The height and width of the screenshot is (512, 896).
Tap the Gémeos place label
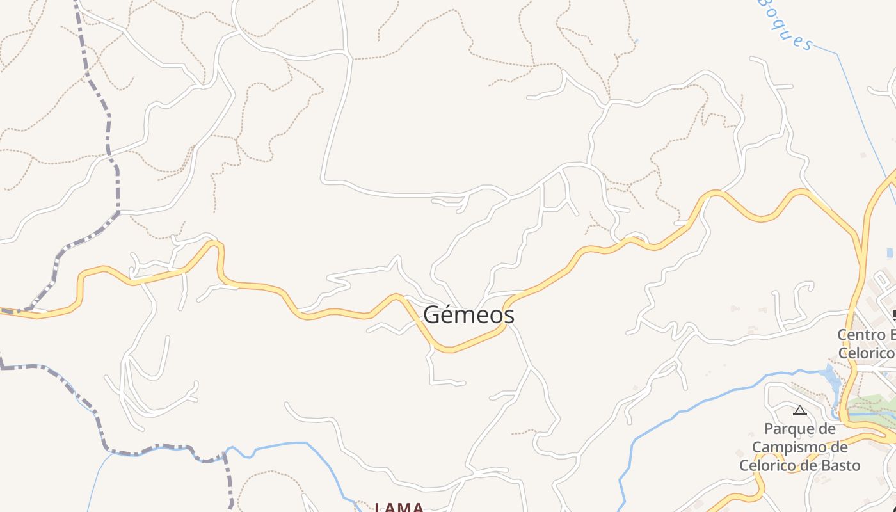(468, 315)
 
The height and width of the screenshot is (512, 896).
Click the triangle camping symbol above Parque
(799, 410)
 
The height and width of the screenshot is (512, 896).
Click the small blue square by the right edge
(890, 253)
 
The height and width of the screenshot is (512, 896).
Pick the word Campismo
(799, 447)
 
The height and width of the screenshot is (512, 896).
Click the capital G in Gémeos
(433, 316)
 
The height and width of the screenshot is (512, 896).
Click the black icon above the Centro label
(893, 314)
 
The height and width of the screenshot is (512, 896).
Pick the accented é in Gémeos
(450, 315)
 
